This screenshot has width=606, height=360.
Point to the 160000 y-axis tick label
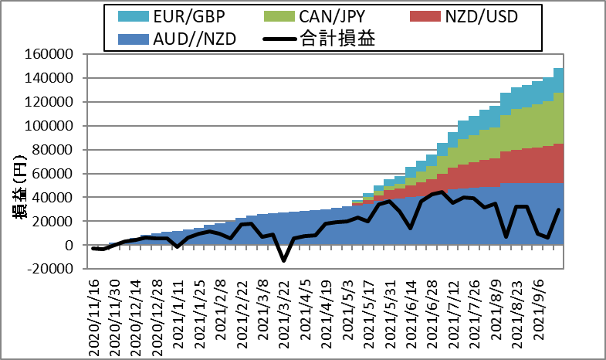[x=60, y=54]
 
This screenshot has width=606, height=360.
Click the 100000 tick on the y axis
[x=60, y=126]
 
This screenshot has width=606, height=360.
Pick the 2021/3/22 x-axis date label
[x=284, y=316]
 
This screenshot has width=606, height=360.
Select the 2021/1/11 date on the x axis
[x=179, y=316]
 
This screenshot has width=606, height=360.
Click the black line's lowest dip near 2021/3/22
[x=283, y=261]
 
